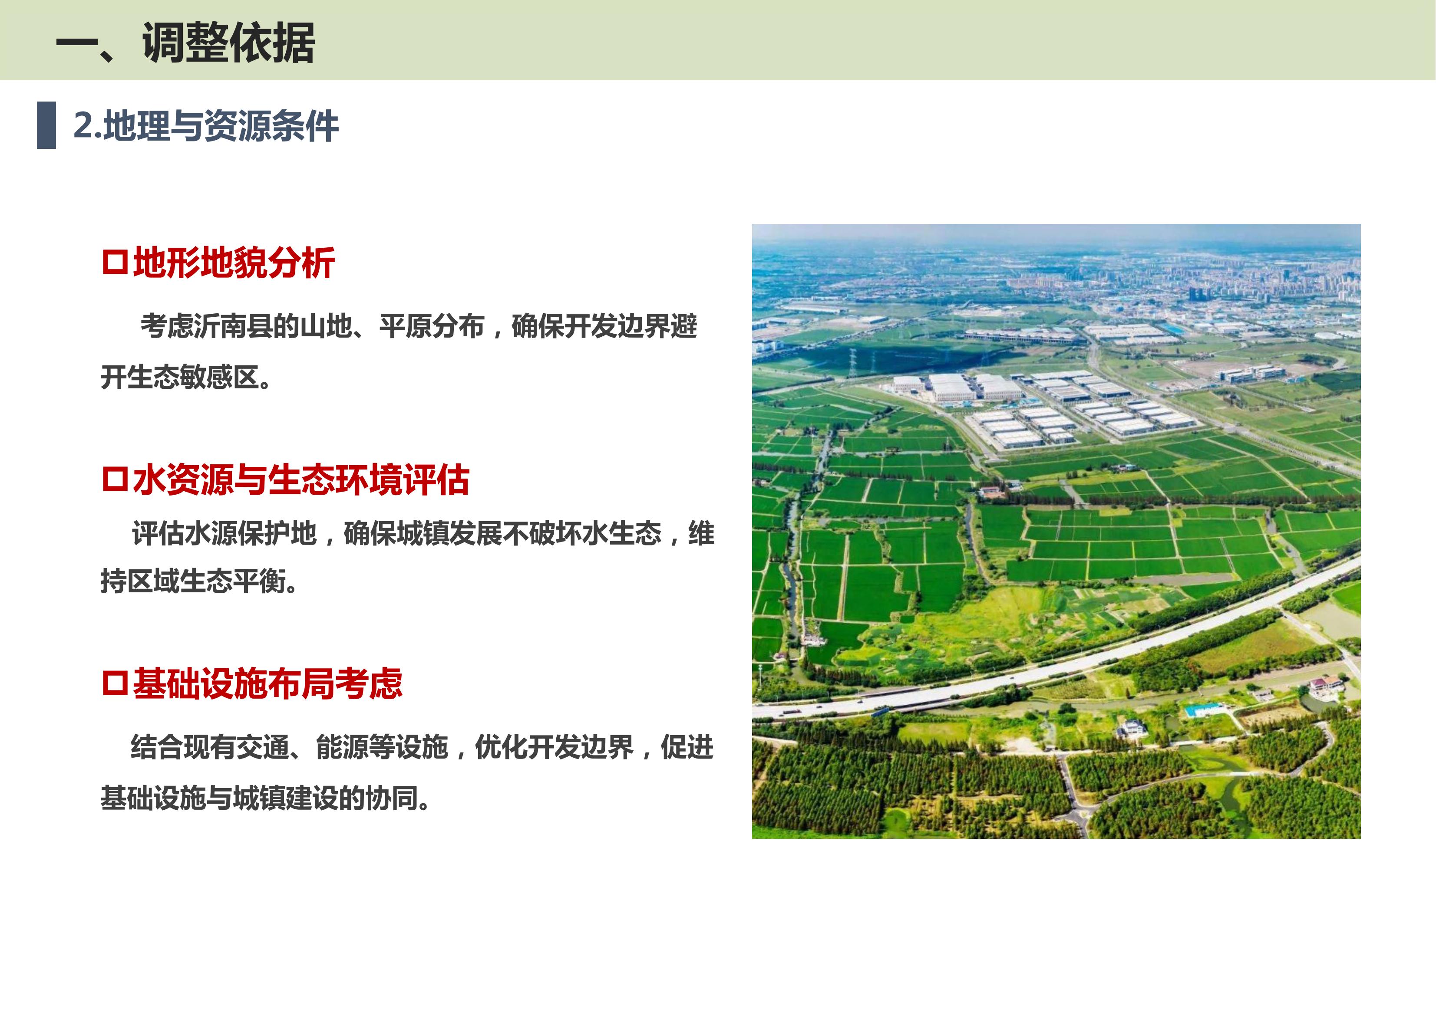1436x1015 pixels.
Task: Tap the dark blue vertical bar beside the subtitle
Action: [x=46, y=125]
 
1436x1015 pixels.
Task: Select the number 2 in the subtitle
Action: [x=84, y=125]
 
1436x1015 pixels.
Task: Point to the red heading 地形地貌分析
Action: [x=234, y=263]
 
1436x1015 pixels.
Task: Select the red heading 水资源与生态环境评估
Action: [x=301, y=480]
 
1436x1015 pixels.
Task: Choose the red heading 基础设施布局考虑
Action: [x=267, y=683]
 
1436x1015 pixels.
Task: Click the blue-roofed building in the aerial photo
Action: [x=1202, y=710]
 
